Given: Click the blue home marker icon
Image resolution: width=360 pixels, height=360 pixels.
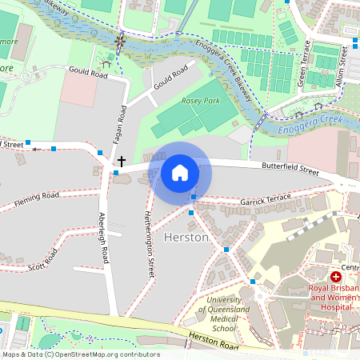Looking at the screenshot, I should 180,172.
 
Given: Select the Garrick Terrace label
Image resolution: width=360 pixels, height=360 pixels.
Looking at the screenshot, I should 266,202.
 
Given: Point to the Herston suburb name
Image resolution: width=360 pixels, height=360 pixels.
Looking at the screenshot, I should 186,238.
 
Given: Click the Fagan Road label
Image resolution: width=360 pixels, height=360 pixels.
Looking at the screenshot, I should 116,124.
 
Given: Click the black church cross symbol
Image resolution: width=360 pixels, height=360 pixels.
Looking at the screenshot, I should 122,161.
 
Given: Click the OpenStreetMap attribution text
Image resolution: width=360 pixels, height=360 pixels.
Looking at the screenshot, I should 81,354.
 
